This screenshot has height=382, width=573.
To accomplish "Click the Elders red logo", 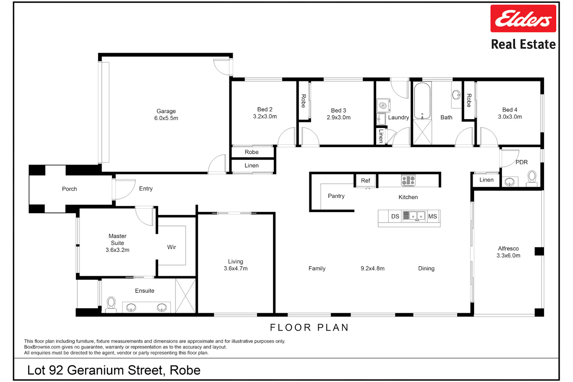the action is click(x=523, y=19).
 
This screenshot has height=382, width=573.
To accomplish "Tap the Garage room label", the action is click(x=166, y=111).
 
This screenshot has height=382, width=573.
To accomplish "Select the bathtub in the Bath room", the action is click(x=422, y=101).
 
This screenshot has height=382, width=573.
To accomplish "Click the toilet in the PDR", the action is click(x=532, y=179).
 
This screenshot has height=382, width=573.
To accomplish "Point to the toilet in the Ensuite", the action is click(x=111, y=304).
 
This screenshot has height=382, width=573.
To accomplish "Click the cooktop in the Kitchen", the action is click(x=408, y=180).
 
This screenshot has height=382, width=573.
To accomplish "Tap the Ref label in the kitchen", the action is click(x=366, y=181).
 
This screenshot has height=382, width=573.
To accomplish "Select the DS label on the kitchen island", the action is click(x=395, y=217).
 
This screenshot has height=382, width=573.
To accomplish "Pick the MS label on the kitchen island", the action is click(x=432, y=217).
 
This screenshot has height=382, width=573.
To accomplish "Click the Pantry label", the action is click(x=336, y=196).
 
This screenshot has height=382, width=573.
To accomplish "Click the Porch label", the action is click(x=69, y=189).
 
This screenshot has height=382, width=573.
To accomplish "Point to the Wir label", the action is click(x=172, y=247).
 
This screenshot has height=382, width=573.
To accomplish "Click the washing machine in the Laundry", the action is click(x=383, y=105).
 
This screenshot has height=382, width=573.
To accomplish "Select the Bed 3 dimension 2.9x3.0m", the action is click(x=338, y=117).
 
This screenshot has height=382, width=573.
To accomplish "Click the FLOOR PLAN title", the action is click(x=309, y=327).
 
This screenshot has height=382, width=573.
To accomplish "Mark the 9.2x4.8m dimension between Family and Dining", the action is click(x=372, y=269).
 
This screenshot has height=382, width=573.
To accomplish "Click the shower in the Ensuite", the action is click(x=185, y=296).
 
